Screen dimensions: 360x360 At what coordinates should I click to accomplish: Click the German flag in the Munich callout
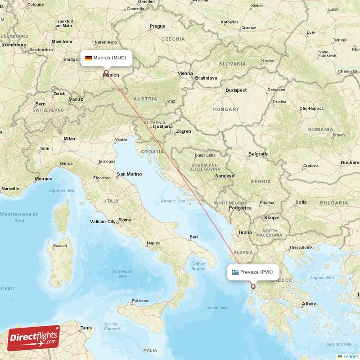tap(88, 58)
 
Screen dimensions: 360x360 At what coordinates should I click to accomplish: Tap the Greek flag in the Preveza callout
tap(235, 272)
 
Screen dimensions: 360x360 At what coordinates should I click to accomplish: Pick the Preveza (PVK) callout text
tap(256, 272)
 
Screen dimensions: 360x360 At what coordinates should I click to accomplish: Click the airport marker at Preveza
tap(253, 286)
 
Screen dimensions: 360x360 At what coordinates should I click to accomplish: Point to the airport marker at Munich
tap(106, 72)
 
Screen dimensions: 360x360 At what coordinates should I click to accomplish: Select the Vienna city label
tap(185, 73)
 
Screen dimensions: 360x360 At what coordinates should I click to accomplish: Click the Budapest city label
tap(236, 90)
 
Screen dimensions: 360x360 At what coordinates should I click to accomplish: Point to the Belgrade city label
tap(258, 154)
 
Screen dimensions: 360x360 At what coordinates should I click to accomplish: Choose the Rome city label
tap(125, 220)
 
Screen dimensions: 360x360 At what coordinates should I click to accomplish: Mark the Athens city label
tap(310, 304)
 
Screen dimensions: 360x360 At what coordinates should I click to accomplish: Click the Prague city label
tap(157, 26)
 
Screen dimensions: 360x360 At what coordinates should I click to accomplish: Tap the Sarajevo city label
tap(225, 175)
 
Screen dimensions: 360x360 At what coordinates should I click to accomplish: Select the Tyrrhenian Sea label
tap(122, 274)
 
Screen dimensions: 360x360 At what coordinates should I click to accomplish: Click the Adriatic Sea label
tap(173, 201)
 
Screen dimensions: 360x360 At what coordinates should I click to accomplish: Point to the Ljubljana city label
tap(162, 127)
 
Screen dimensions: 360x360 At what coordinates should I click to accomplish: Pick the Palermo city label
tap(140, 301)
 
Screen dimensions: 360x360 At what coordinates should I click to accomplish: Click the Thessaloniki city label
tap(301, 247)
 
